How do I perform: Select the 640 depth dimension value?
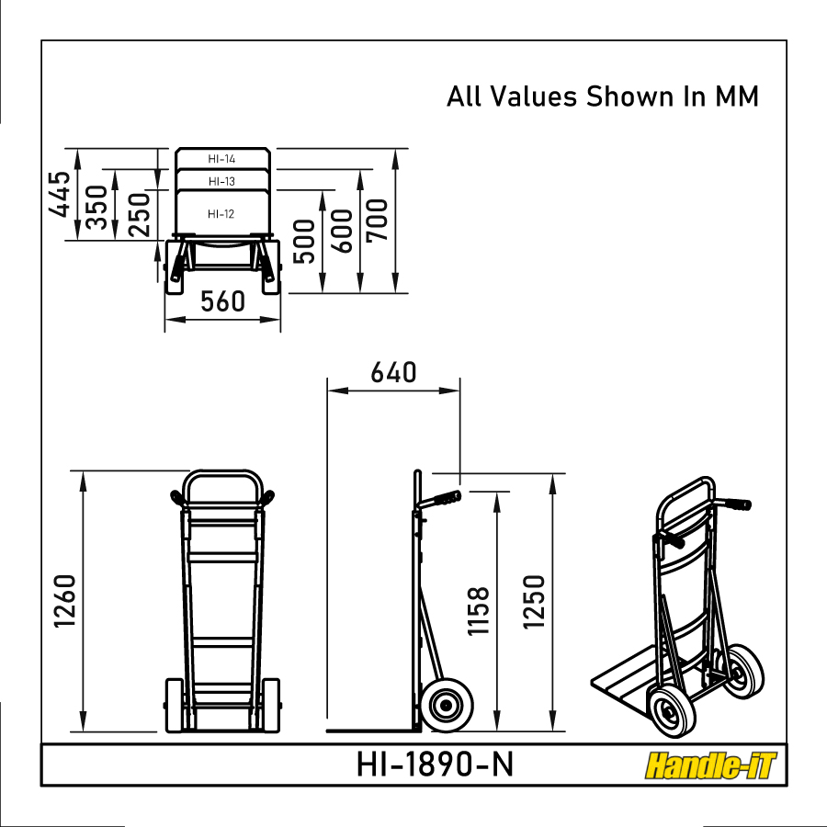click(393, 373)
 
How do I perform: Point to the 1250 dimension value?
click(535, 602)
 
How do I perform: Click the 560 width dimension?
click(221, 301)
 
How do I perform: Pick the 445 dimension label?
click(61, 194)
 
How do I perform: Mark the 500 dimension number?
click(306, 241)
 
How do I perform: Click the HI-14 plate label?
click(221, 159)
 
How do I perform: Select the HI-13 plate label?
click(221, 181)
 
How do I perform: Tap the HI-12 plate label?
click(221, 214)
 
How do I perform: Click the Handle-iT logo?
click(710, 765)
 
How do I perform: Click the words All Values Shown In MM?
click(603, 96)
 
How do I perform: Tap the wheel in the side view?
click(447, 706)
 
